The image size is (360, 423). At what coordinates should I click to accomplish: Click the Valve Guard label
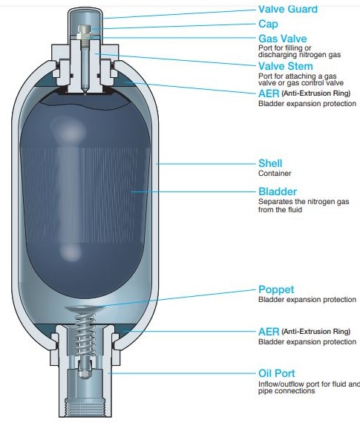[288, 9]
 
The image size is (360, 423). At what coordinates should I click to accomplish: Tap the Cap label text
[268, 24]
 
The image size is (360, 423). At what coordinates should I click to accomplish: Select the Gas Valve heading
[283, 39]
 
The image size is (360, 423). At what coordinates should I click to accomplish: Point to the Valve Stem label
[286, 66]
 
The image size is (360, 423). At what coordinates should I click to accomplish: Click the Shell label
[270, 163]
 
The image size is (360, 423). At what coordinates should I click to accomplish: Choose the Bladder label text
[278, 191]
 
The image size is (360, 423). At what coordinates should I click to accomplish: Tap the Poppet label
[276, 289]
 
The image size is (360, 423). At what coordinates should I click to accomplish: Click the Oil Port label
[277, 373]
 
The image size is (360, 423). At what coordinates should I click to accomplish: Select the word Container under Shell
[275, 173]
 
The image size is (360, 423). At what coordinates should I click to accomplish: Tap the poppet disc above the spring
[85, 309]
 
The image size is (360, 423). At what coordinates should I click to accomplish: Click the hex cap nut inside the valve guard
[85, 32]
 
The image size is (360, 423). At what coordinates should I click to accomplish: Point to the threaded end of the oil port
[85, 406]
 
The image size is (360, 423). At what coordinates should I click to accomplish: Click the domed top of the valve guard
[85, 11]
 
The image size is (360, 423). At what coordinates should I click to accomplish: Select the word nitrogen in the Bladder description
[321, 202]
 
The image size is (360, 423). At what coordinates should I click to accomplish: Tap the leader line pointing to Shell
[206, 164]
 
